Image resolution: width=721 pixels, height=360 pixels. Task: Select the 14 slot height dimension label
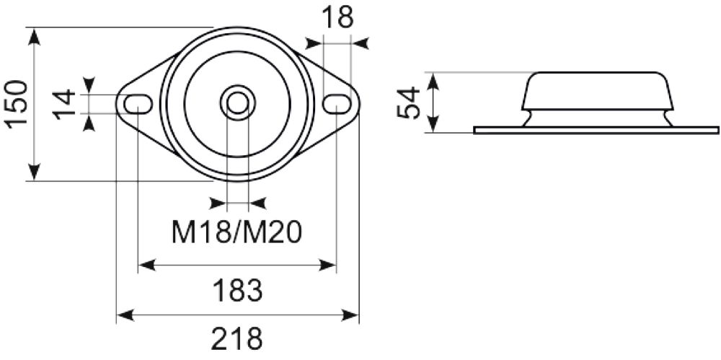[64, 104]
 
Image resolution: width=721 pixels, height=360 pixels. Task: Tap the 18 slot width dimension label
[337, 17]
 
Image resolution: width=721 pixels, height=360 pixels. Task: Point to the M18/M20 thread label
[236, 232]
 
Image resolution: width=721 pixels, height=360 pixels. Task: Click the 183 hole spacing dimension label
[237, 291]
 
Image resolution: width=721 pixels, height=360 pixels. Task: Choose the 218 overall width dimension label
[237, 338]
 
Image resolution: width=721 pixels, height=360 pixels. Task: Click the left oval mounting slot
[138, 104]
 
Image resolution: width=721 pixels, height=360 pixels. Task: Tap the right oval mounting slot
[336, 104]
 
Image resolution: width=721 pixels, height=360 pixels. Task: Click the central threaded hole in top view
[237, 102]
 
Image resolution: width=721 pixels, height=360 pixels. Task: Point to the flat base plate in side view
[596, 130]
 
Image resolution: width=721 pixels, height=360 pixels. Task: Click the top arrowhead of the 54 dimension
[433, 80]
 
